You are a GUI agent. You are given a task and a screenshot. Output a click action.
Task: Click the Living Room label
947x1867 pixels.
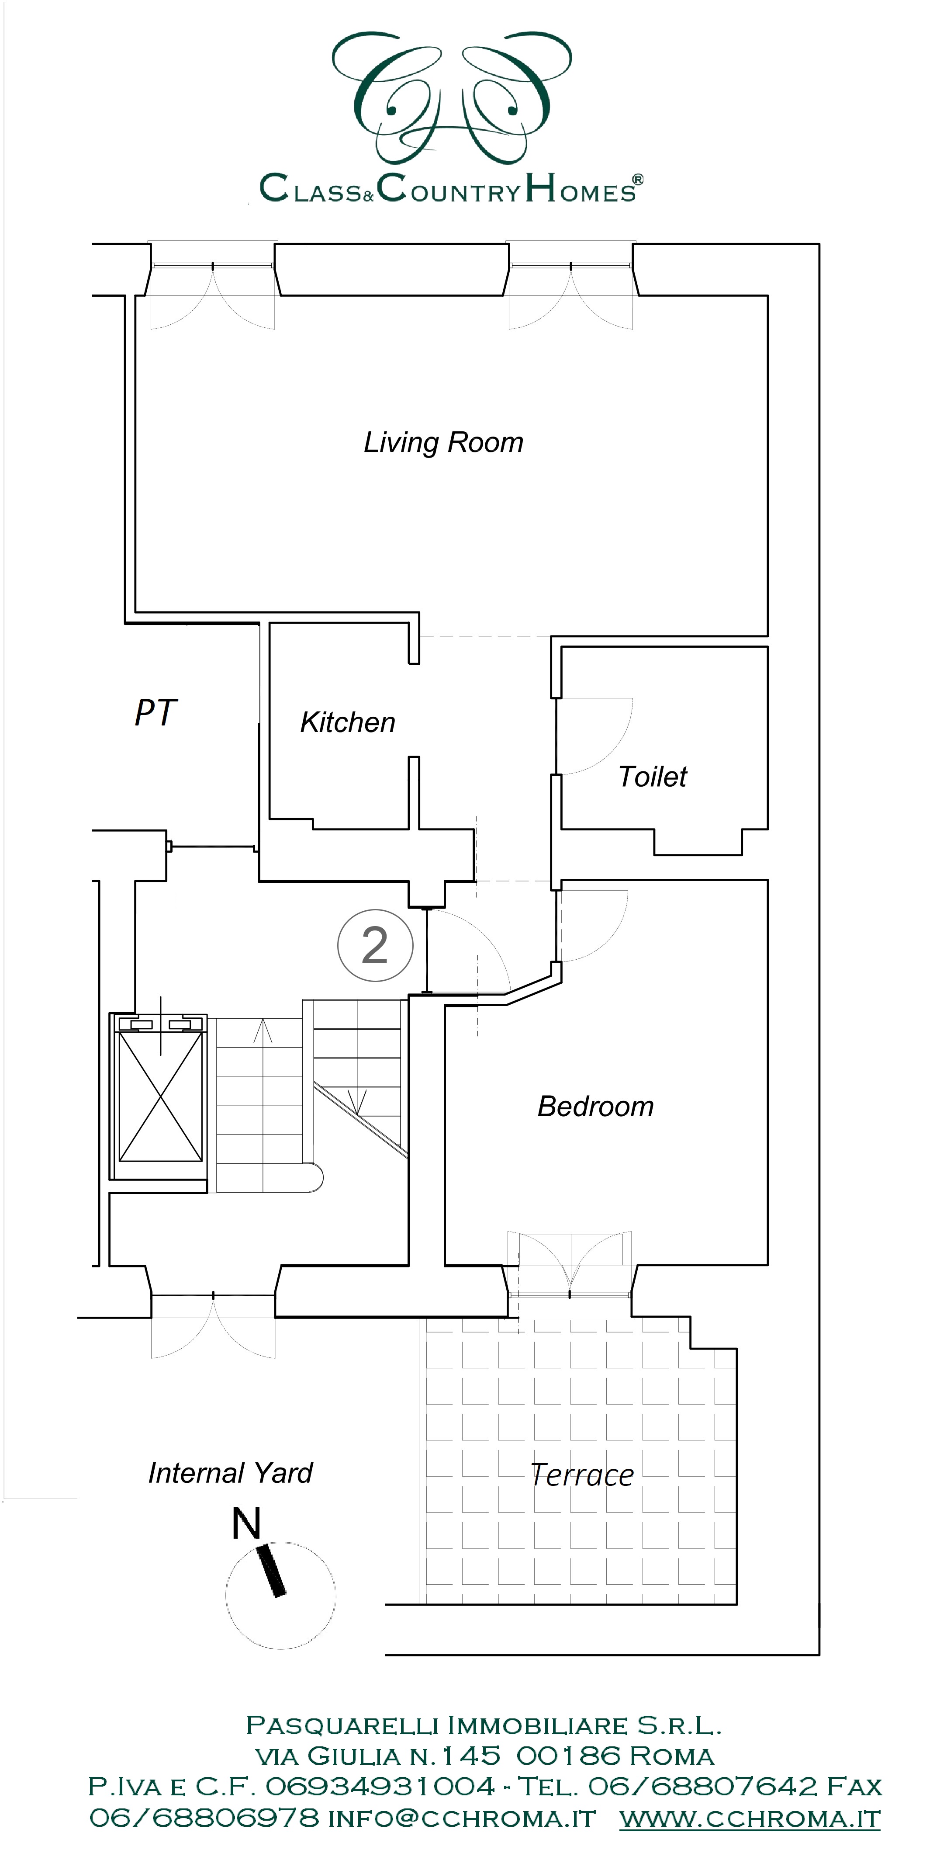443,443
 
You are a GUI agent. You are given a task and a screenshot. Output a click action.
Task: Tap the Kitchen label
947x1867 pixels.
348,722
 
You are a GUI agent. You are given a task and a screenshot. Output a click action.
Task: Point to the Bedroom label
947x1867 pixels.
596,1106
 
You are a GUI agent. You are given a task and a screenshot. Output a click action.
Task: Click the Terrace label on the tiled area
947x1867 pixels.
583,1475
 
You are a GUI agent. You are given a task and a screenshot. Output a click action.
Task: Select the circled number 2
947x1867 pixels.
375,945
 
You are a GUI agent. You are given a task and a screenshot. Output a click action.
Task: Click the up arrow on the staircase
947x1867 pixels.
262,1030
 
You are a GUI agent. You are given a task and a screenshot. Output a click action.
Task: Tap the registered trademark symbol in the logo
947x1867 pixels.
638,179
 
